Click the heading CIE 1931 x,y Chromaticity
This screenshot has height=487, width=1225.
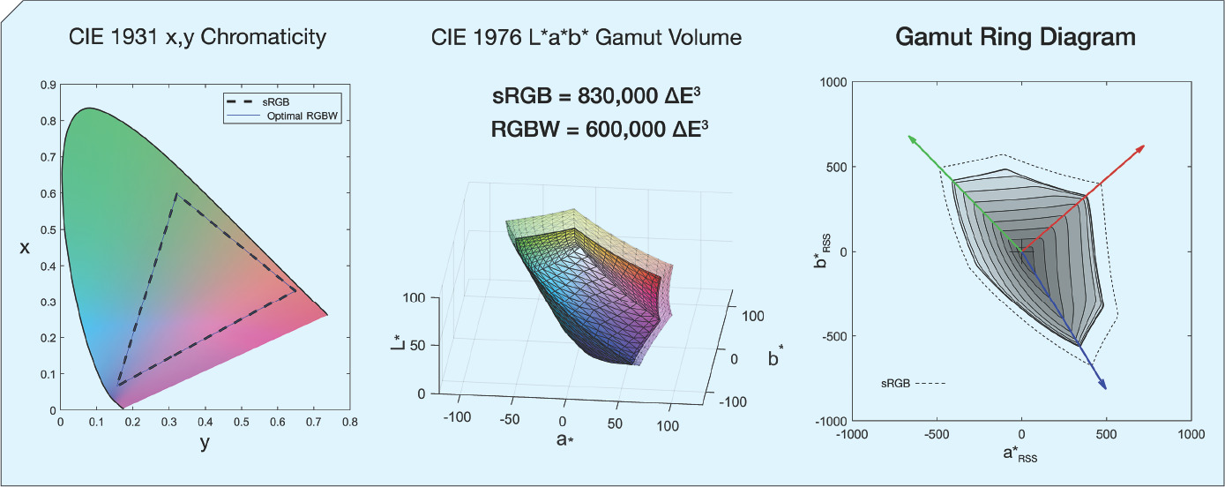tap(198, 37)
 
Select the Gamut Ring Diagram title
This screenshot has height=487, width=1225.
tap(1015, 37)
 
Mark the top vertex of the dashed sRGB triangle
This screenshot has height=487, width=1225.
tap(176, 194)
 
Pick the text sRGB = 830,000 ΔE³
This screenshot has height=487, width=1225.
tap(601, 97)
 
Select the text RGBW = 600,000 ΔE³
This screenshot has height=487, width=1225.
tap(601, 130)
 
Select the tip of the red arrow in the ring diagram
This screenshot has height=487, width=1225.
tap(1145, 145)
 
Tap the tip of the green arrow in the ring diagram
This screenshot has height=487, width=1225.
tap(908, 136)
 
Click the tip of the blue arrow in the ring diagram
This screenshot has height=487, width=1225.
tap(1106, 388)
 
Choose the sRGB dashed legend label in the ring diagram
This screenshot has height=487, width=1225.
tap(896, 384)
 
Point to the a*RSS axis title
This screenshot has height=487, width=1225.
tap(1020, 457)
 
